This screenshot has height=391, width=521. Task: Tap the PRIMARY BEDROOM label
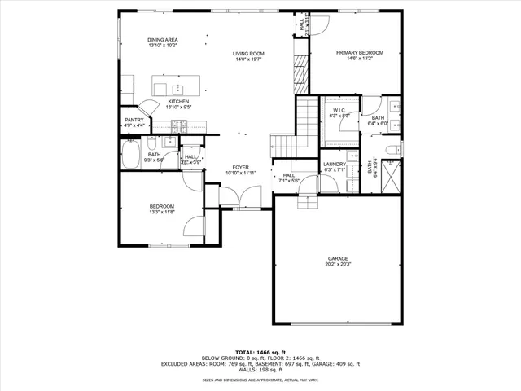[360, 52]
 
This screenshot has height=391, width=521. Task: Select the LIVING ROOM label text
[250, 53]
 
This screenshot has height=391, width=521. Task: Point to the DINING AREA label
[163, 40]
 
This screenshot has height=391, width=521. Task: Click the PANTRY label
[134, 120]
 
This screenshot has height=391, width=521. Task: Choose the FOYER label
[239, 167]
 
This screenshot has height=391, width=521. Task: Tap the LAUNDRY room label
[335, 164]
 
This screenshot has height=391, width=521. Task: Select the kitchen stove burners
[180, 126]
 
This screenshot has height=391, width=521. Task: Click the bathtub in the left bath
[129, 155]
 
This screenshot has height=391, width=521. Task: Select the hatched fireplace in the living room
[300, 72]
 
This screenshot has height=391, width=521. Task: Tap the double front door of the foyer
[240, 197]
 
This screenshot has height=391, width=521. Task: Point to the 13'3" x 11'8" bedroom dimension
[161, 212]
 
